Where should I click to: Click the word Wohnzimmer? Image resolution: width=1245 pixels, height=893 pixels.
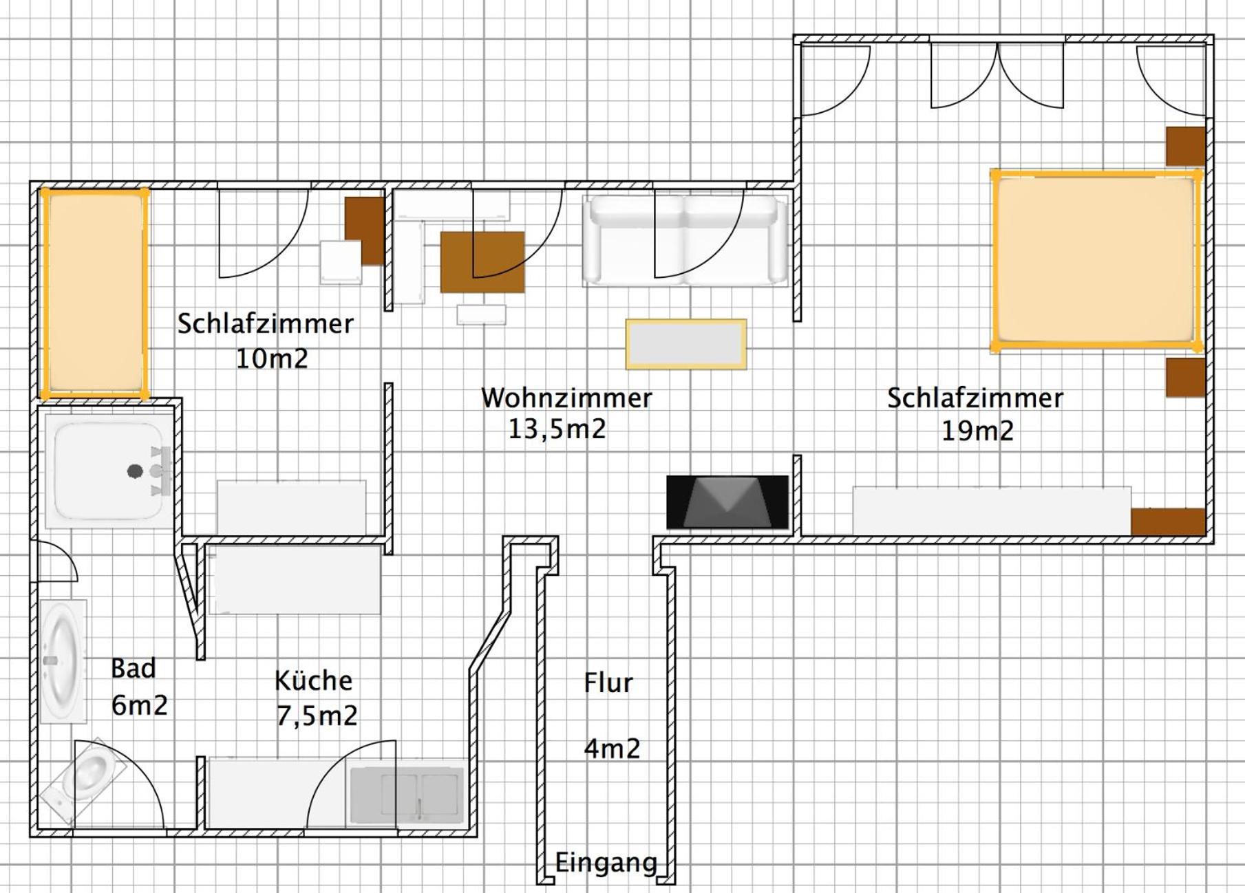566,398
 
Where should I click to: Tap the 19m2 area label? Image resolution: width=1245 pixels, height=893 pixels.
977,431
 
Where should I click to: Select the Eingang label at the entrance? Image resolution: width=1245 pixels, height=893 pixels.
606,863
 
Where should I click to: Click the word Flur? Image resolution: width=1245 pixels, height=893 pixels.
608,682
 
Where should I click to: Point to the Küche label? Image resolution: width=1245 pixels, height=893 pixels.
314,680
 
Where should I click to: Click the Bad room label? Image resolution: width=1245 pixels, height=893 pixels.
134,668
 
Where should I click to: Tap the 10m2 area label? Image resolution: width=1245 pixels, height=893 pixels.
272,358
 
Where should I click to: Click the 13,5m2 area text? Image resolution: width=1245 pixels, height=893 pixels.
557,429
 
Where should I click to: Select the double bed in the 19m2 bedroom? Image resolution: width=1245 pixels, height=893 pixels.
1096,260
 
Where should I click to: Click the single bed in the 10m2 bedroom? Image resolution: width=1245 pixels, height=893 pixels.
94,294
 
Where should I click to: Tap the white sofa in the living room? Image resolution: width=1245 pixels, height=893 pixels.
685,240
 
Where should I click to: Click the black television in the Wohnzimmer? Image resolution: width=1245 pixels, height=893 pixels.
727,502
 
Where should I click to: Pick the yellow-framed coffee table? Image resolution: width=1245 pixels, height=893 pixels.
686,344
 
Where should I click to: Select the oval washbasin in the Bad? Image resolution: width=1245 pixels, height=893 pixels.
63,661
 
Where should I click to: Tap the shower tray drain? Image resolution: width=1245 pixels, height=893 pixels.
135,471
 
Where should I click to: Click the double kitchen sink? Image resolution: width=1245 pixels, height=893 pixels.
406,795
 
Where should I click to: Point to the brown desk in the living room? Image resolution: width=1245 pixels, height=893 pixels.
482,262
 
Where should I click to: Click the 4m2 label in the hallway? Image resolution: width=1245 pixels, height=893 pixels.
612,749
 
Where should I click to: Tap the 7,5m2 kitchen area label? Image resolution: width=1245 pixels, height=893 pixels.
317,716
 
